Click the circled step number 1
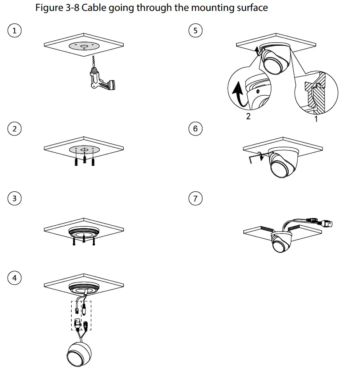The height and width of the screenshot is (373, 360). pyautogui.click(x=15, y=31)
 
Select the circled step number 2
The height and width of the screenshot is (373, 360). pyautogui.click(x=15, y=129)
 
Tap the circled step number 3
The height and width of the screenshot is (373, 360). pyautogui.click(x=15, y=198)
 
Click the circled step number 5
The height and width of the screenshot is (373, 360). pyautogui.click(x=195, y=31)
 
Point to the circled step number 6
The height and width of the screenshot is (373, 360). pyautogui.click(x=195, y=129)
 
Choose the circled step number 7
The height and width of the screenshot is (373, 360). pyautogui.click(x=195, y=198)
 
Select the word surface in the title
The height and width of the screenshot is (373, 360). pyautogui.click(x=250, y=8)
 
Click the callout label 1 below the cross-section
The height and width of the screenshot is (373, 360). pyautogui.click(x=316, y=119)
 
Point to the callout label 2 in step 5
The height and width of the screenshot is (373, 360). pyautogui.click(x=248, y=117)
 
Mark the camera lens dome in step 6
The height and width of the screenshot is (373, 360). pyautogui.click(x=280, y=167)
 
